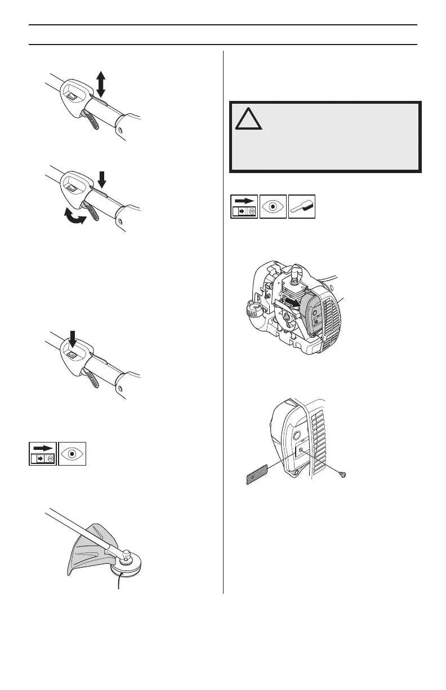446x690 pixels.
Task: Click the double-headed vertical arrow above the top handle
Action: [100, 84]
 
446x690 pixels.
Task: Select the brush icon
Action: [302, 207]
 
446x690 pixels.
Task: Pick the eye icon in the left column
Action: [72, 454]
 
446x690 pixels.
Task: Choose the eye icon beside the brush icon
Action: [273, 207]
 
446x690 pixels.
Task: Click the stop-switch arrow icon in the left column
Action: [43, 454]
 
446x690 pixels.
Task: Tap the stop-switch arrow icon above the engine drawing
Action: [244, 207]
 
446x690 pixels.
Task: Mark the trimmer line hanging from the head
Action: [119, 583]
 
